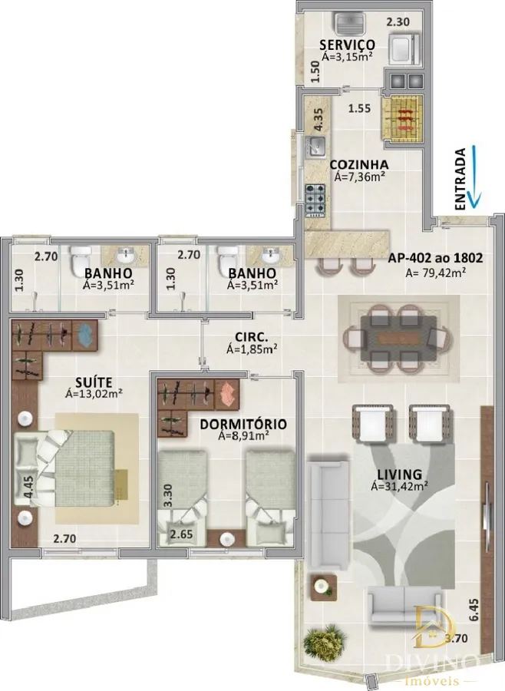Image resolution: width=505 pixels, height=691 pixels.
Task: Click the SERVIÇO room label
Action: point(347,45)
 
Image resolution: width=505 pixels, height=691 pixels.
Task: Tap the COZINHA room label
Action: point(359,164)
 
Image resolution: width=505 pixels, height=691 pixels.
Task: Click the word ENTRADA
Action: point(460,179)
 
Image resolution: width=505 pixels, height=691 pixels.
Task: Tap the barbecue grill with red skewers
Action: point(403,118)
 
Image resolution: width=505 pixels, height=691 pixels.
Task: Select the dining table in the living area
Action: point(398,339)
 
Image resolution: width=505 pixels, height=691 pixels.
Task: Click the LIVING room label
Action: point(399,474)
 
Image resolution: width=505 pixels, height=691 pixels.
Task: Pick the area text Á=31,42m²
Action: point(400,487)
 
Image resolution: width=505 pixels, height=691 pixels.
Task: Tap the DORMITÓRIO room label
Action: point(243,425)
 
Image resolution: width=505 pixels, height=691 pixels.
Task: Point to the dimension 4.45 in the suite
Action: point(29,487)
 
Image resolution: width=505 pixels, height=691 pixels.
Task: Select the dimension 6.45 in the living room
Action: point(474,610)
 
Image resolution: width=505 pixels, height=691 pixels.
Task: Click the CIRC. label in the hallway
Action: point(252,337)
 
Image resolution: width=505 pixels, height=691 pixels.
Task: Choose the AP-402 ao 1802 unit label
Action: point(435,258)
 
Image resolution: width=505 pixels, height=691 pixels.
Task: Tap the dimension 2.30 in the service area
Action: point(398,21)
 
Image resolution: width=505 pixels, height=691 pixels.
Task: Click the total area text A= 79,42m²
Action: point(435,273)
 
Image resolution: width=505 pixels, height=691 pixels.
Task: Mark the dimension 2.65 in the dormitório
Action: point(182,534)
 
